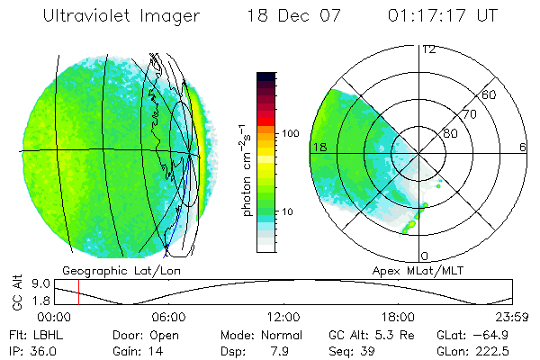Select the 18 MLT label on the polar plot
[319, 147]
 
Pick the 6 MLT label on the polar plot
[523, 147]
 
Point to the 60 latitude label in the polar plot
[490, 94]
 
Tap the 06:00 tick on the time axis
[169, 317]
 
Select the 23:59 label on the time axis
[511, 317]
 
